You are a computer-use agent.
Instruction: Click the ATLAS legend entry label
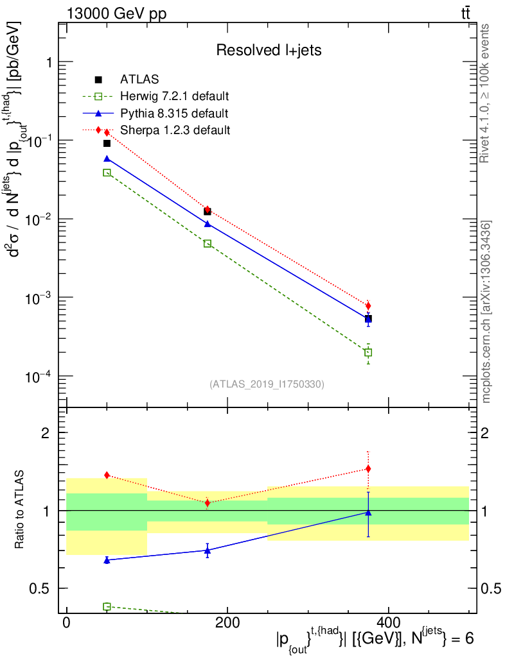coord(139,80)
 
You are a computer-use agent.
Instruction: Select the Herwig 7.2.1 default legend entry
coord(174,97)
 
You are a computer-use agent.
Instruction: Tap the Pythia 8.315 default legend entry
coord(173,114)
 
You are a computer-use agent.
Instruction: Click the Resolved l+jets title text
coord(269,50)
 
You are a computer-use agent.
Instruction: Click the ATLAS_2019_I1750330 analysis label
coord(267,384)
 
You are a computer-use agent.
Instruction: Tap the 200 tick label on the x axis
coord(227,622)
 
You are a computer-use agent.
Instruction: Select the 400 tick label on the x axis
coord(387,622)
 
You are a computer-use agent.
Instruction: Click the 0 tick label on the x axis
coord(66,622)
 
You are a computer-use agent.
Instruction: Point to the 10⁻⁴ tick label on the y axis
coord(39,375)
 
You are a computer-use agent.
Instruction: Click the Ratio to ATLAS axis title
coord(20,511)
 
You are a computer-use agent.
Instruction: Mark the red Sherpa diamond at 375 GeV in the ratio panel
coord(368,469)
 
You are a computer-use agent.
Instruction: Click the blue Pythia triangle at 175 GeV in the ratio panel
coord(208,550)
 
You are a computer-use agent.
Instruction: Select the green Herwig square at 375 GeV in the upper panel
coord(368,352)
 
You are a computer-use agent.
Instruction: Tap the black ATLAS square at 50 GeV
coord(107,143)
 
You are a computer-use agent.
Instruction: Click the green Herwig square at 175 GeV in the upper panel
coord(208,244)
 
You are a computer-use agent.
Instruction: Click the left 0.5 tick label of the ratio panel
coord(44,588)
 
